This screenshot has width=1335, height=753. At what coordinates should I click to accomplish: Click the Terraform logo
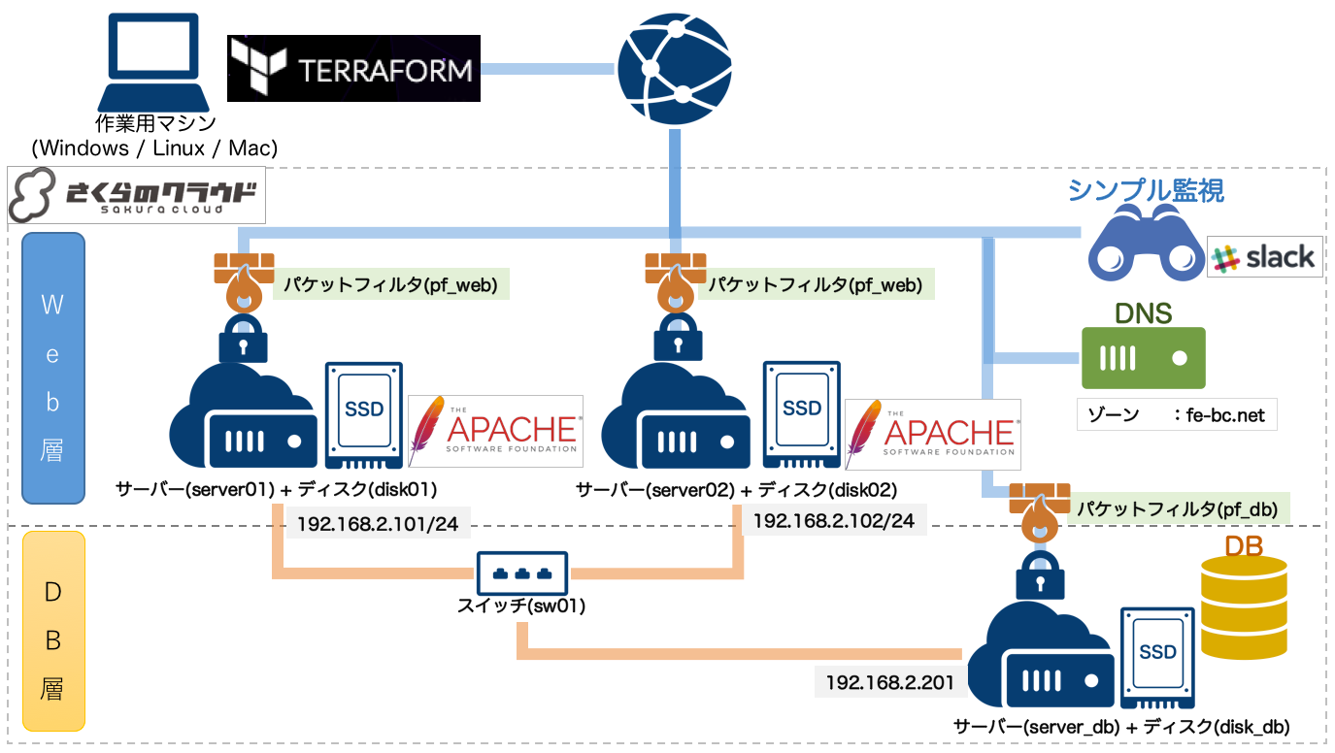[x=353, y=69]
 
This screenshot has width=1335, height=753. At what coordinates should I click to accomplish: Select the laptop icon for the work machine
[x=153, y=62]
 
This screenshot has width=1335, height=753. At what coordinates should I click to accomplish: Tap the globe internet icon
[x=675, y=69]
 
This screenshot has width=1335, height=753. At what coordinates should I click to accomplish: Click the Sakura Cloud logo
[x=137, y=195]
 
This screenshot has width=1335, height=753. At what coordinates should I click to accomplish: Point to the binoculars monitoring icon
[x=1146, y=243]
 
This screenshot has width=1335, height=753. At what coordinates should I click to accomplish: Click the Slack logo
[x=1265, y=257]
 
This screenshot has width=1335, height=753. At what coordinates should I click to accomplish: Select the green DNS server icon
[x=1143, y=358]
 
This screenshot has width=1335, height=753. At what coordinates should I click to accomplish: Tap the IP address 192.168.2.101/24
[x=378, y=524]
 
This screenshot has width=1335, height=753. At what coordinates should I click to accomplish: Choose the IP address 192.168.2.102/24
[x=834, y=521]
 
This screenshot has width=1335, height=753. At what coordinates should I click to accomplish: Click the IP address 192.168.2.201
[x=889, y=682]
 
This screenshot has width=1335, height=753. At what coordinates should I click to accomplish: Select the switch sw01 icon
[x=522, y=573]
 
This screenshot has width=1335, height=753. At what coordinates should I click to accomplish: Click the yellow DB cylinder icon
[x=1244, y=607]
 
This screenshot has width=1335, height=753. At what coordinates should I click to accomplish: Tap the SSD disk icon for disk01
[x=363, y=416]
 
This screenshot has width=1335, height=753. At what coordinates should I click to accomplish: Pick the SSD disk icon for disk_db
[x=1157, y=658]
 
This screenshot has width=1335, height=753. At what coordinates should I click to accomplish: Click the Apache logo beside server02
[x=933, y=435]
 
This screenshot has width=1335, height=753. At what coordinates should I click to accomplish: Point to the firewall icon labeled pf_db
[x=1040, y=513]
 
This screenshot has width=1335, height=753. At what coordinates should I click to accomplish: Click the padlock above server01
[x=243, y=339]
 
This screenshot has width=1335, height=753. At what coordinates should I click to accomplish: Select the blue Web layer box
[x=53, y=368]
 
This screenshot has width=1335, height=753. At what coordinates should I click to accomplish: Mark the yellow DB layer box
[x=53, y=632]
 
